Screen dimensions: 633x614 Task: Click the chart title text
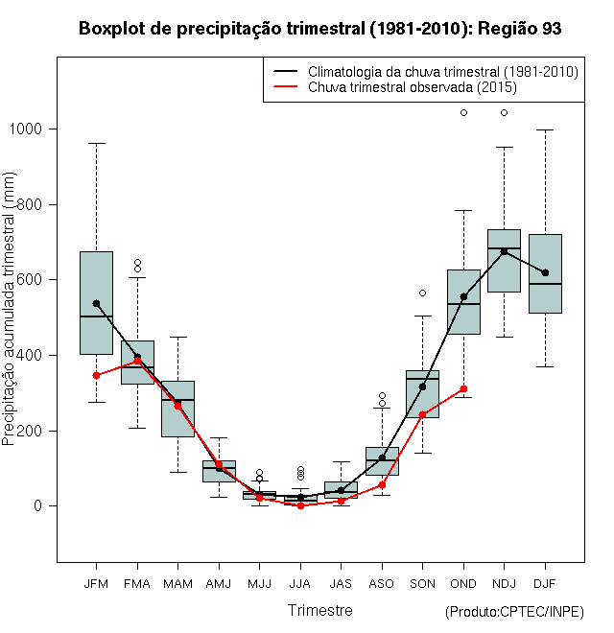319,29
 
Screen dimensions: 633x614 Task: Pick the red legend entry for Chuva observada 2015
413,87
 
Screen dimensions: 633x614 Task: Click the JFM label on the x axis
96,583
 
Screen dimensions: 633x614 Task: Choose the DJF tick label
545,583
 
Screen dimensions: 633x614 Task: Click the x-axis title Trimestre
319,610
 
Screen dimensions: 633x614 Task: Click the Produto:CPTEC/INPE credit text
514,612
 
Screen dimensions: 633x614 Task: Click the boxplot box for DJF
545,288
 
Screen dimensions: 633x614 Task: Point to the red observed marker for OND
463,388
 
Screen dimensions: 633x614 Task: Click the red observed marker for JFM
96,375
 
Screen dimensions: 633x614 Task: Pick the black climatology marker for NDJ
504,251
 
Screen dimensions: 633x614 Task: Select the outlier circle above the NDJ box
504,112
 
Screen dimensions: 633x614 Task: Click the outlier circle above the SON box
422,293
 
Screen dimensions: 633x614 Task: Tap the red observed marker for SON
422,414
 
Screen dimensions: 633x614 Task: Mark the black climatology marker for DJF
545,272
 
